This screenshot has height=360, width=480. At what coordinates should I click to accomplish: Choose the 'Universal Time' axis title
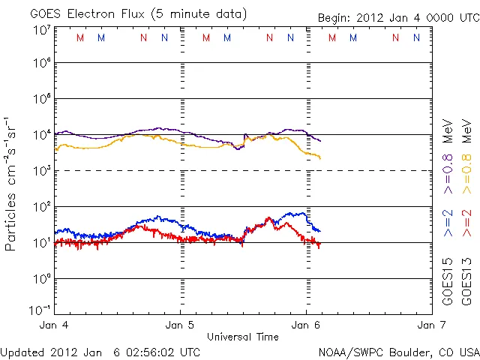point(243,337)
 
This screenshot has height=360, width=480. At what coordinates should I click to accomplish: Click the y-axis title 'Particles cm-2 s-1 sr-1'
point(12,183)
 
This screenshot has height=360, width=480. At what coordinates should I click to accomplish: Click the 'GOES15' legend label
point(448,282)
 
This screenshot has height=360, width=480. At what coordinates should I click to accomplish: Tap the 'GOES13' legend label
point(466,282)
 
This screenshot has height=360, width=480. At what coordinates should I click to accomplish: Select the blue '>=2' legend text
point(448,223)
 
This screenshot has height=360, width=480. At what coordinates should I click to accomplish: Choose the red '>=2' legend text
point(466,223)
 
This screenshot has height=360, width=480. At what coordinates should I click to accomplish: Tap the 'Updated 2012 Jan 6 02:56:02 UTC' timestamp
point(100,351)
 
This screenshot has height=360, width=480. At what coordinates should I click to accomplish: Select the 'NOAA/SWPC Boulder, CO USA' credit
point(398,351)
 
